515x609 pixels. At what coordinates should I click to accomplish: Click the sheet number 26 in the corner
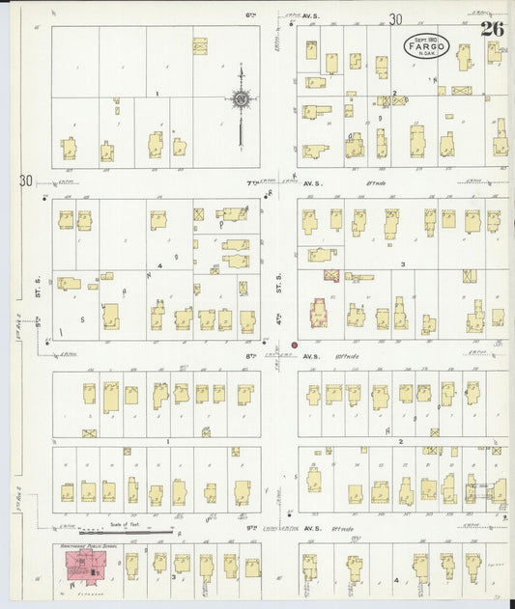493,28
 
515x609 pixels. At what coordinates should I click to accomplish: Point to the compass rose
241,97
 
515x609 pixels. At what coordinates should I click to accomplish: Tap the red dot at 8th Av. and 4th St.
295,345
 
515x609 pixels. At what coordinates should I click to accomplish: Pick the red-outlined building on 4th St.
318,313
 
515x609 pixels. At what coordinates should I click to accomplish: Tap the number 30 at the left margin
25,180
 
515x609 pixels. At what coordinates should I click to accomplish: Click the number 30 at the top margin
394,19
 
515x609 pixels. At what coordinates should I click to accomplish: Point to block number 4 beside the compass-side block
159,264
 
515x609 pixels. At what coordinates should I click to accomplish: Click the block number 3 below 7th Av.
389,263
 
